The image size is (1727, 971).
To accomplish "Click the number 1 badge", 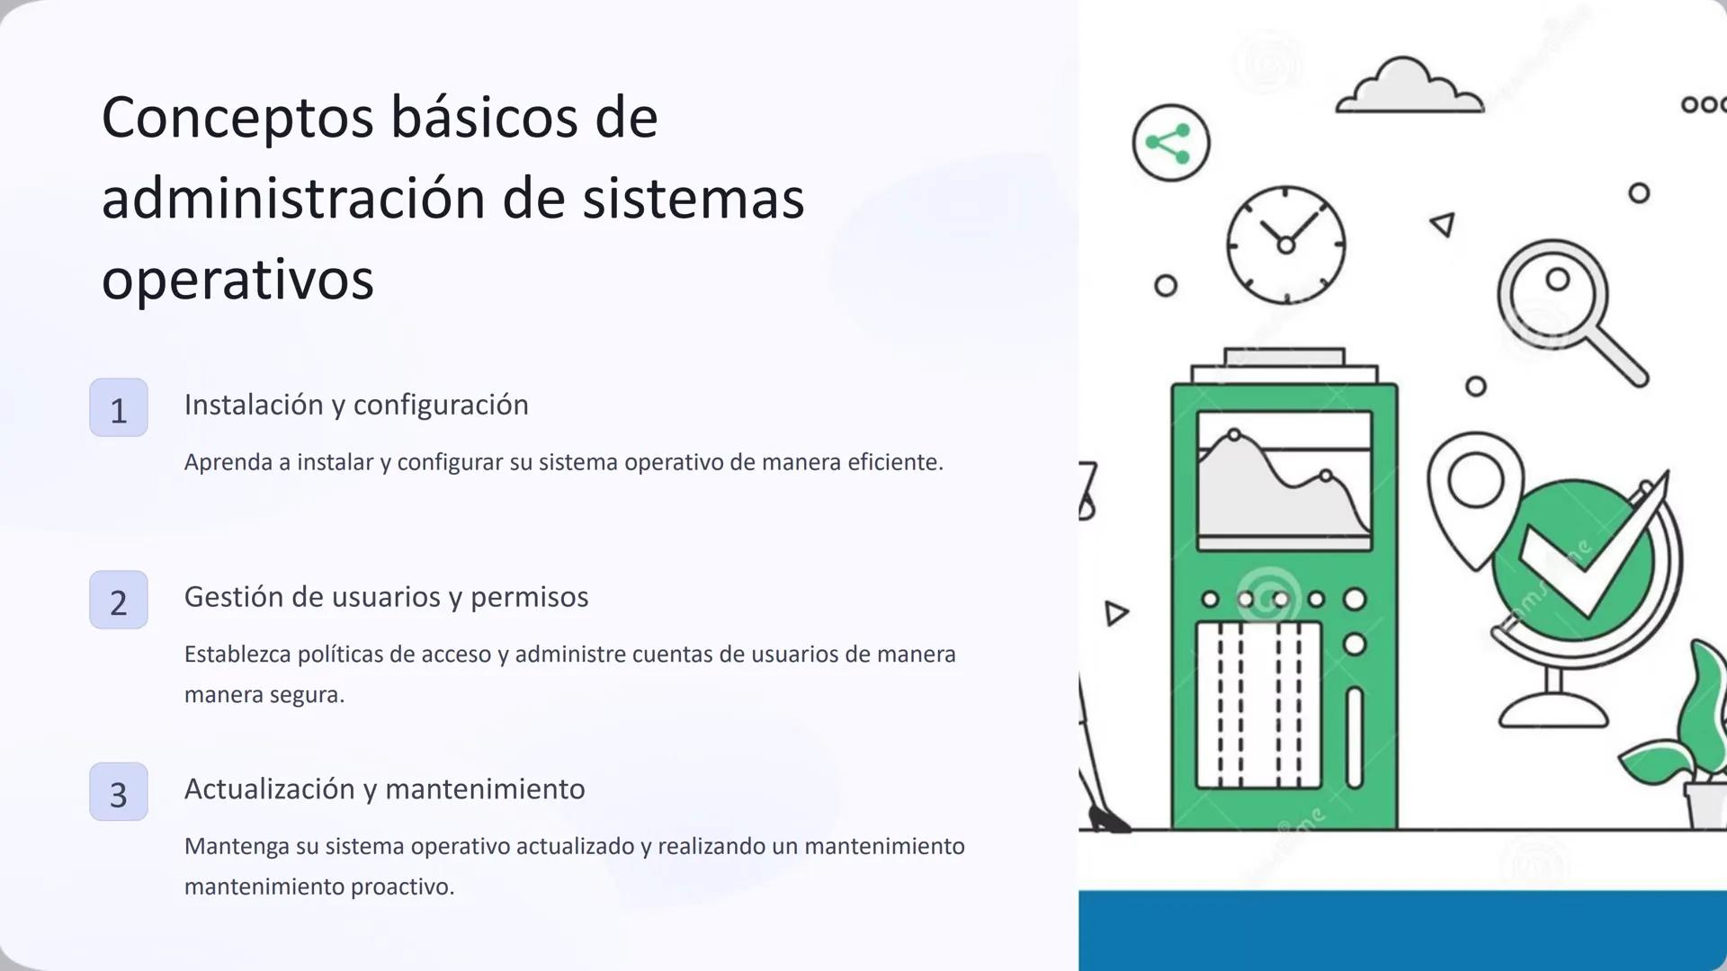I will click(119, 408).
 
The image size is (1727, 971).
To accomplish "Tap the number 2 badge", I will click(119, 601).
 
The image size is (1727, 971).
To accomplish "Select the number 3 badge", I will click(119, 792).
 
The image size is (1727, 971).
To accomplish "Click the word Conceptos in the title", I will click(237, 118).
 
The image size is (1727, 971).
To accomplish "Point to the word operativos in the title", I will click(237, 280).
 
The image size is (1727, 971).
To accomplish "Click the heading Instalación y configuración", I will click(356, 405).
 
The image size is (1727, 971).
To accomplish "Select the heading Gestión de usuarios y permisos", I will click(386, 597).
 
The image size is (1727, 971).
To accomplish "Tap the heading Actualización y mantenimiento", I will click(384, 789).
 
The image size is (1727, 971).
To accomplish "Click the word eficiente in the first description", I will click(894, 462).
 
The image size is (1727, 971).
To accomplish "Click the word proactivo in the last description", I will click(401, 886).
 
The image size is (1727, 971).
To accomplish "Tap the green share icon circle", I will click(1170, 143).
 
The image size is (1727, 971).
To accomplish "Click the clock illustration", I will click(1285, 245).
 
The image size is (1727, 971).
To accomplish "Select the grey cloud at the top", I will click(1408, 88).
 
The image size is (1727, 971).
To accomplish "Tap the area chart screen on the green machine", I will click(1284, 480).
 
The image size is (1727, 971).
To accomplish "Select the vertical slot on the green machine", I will click(1355, 738).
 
